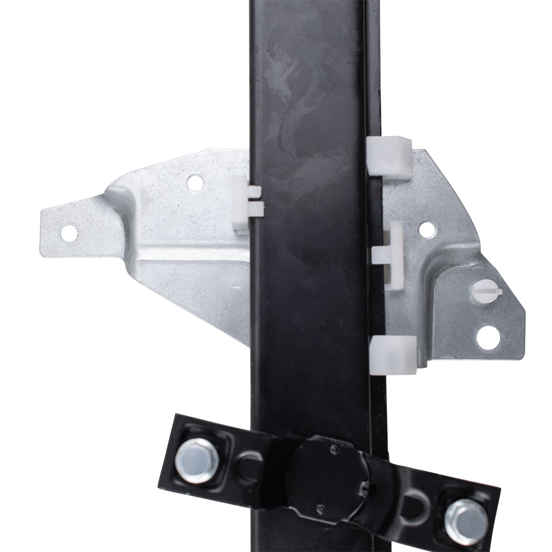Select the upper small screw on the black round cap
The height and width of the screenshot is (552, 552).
334,451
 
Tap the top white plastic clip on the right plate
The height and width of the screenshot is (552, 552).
389,157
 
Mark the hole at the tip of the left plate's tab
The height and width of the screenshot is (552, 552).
68,233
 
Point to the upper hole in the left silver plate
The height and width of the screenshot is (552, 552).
195,183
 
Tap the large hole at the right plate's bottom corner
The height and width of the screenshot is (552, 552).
488,337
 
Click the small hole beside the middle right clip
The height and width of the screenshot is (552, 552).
426,228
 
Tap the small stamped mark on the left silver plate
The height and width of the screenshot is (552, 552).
235,285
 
